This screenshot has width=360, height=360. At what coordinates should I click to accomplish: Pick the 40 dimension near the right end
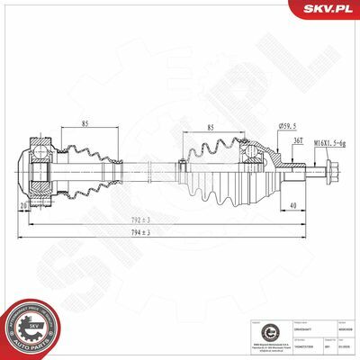295,204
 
